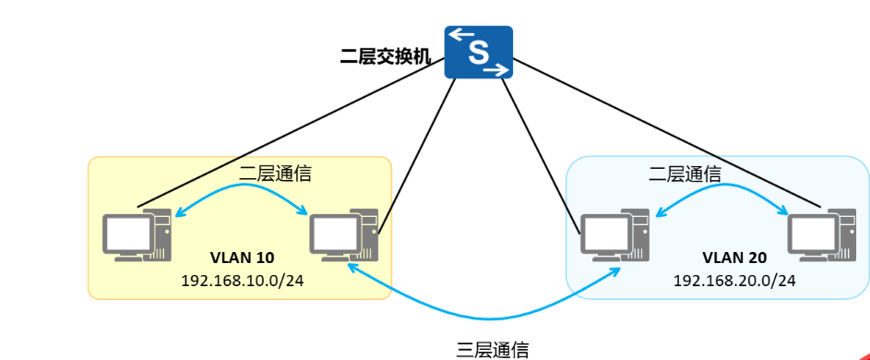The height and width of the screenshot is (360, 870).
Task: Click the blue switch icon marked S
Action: coord(478,52)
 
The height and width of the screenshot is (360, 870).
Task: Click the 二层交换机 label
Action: coord(384,55)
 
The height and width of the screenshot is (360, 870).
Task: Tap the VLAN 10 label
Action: coord(244,257)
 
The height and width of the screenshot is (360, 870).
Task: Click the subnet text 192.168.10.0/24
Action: coord(243,278)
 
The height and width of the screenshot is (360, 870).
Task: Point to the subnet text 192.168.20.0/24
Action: coord(734,278)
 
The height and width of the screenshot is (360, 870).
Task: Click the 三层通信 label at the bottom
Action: coord(493,349)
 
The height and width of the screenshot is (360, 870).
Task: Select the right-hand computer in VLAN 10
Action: coord(344,236)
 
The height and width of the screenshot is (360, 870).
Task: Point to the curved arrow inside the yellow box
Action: coord(242,186)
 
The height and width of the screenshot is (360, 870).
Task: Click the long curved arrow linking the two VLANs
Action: coord(480,314)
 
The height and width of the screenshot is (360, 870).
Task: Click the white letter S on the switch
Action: coord(478,52)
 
